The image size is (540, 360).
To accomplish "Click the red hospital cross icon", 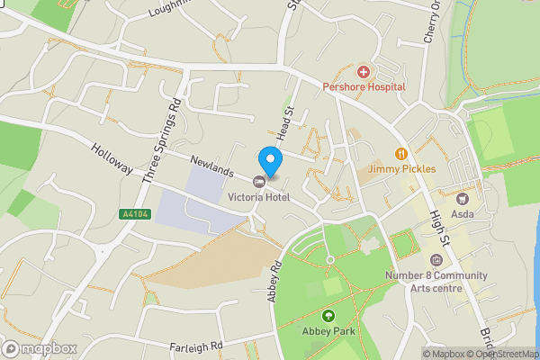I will coord(364,71).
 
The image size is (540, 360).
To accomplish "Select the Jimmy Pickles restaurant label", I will coord(402,168).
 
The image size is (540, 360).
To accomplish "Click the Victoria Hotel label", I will coord(258,197).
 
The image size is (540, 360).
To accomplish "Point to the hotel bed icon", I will coord(258,182).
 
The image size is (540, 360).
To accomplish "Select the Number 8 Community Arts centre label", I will coord(436,281).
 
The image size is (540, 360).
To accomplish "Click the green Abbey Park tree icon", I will coord(328,316).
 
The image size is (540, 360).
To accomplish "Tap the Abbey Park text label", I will coord(328,331).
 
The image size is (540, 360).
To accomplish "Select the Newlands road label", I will coord(211,166).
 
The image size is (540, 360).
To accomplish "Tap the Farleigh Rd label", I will coord(195,346).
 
